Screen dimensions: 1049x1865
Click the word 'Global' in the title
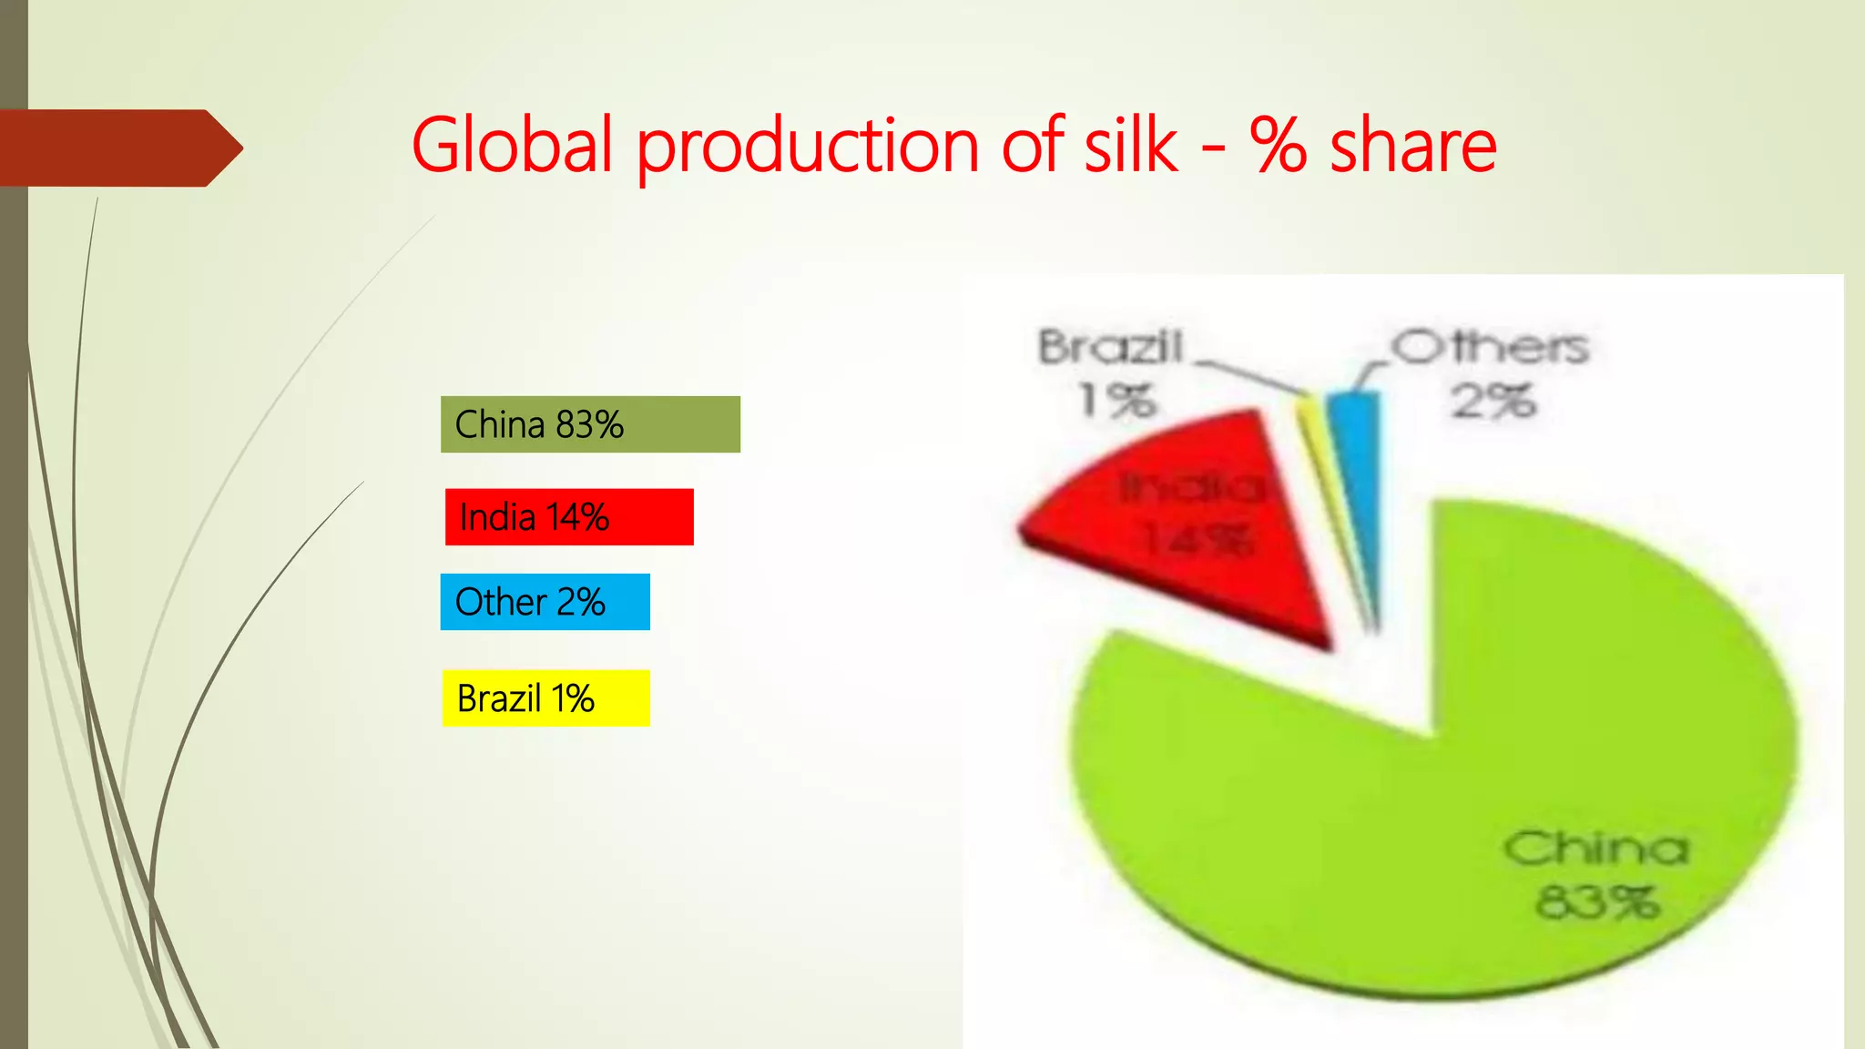(512, 146)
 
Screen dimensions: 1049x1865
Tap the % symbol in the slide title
(1279, 146)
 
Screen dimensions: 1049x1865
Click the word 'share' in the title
(1413, 146)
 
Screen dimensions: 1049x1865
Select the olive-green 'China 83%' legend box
(590, 424)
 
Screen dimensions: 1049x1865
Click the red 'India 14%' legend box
(569, 517)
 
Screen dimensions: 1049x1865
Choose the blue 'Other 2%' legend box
(545, 602)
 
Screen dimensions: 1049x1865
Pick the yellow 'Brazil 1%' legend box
(545, 698)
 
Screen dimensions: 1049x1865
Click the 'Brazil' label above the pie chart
(1111, 347)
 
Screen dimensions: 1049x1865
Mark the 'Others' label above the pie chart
(1491, 347)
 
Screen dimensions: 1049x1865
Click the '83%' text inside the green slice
(1597, 902)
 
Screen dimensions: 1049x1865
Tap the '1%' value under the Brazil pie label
(1117, 400)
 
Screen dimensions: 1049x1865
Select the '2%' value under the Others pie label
(1493, 401)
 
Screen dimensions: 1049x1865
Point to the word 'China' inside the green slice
(1595, 849)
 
